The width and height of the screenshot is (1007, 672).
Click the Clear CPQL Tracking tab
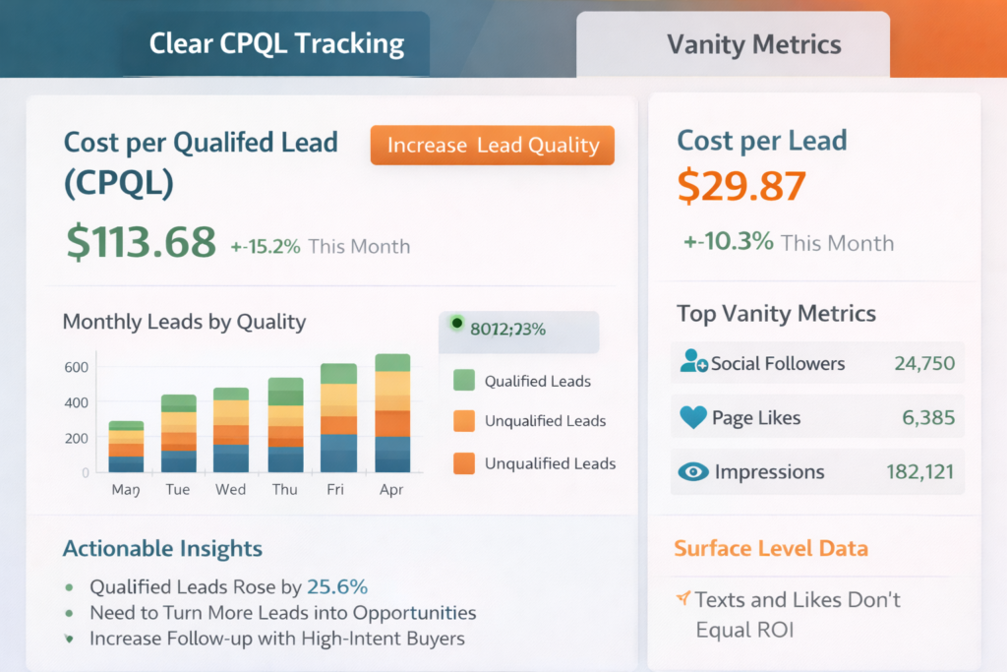[x=276, y=43]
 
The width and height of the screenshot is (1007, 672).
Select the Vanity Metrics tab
[x=753, y=44]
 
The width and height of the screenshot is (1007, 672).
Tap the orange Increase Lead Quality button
[x=492, y=146]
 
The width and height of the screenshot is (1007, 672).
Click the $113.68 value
[x=141, y=242]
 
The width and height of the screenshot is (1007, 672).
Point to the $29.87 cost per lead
[x=742, y=186]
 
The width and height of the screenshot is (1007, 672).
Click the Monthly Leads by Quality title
[x=184, y=322]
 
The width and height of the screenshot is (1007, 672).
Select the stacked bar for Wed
[x=231, y=430]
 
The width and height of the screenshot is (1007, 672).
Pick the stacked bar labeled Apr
[x=392, y=413]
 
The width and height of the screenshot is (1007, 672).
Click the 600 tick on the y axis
[x=76, y=367]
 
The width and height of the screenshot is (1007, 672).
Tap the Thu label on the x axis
[x=285, y=489]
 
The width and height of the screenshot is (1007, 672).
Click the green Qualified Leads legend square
[x=464, y=381]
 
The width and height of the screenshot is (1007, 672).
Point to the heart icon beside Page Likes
[x=693, y=418]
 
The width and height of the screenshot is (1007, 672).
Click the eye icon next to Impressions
[x=693, y=472]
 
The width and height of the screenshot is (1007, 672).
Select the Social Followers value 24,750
[x=924, y=363]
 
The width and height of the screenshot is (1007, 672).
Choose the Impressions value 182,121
[x=919, y=472]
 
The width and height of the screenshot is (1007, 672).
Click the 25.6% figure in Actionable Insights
[x=337, y=587]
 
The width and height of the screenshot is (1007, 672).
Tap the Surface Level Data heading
[x=770, y=548]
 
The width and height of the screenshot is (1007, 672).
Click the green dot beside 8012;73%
[x=456, y=323]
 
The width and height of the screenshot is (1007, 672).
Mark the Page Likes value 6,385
[x=928, y=418]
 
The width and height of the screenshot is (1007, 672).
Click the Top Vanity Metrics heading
[x=776, y=314]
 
